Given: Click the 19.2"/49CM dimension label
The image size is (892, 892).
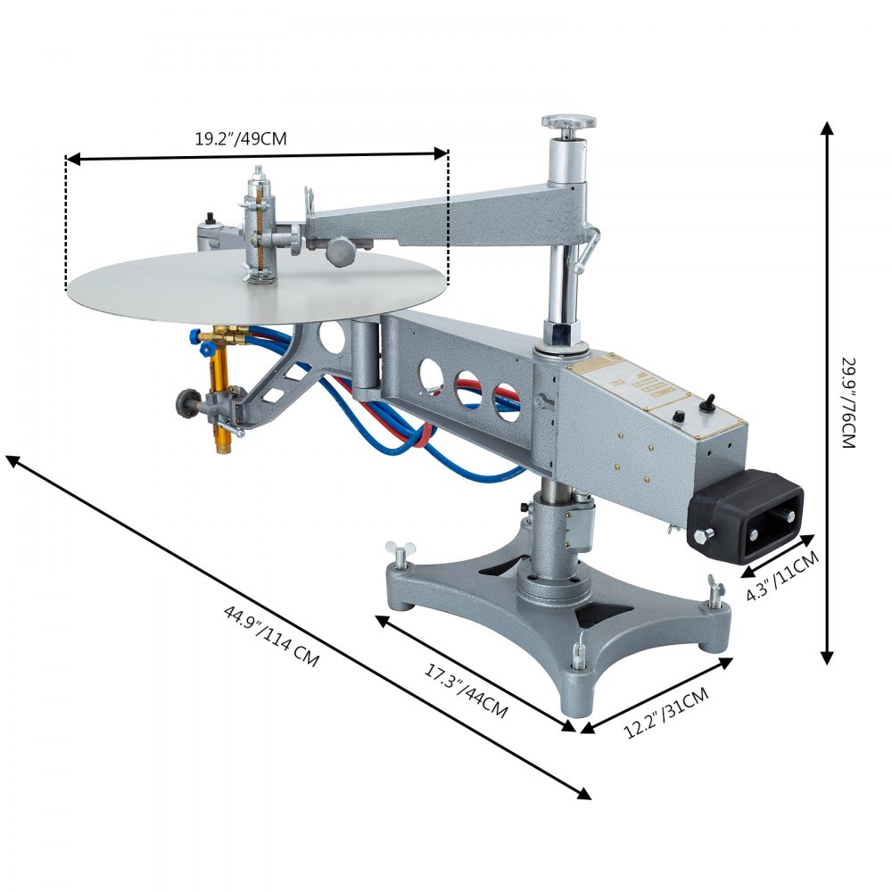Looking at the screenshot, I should pos(241,138).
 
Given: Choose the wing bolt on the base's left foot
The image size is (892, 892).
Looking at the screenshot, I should pos(397,553).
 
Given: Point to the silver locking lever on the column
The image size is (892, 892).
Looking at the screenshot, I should pos(588,250).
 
